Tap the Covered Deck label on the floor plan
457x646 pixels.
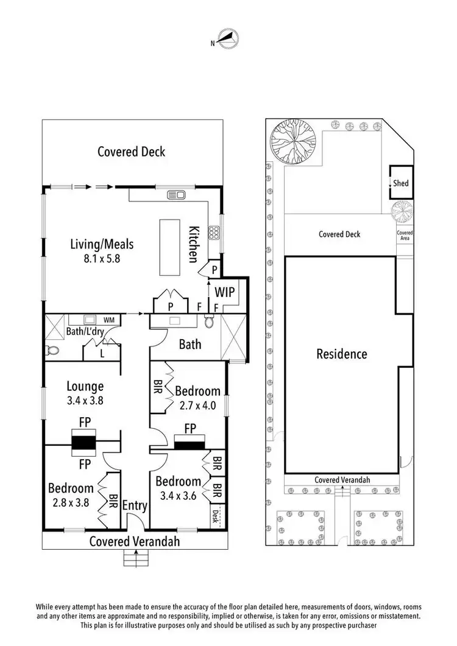click(x=131, y=152)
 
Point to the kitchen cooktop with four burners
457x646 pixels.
click(x=214, y=232)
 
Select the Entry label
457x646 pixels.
click(x=133, y=505)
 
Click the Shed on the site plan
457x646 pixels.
click(x=400, y=183)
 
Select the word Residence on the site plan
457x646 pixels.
click(x=342, y=354)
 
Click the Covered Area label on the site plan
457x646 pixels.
click(x=405, y=236)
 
